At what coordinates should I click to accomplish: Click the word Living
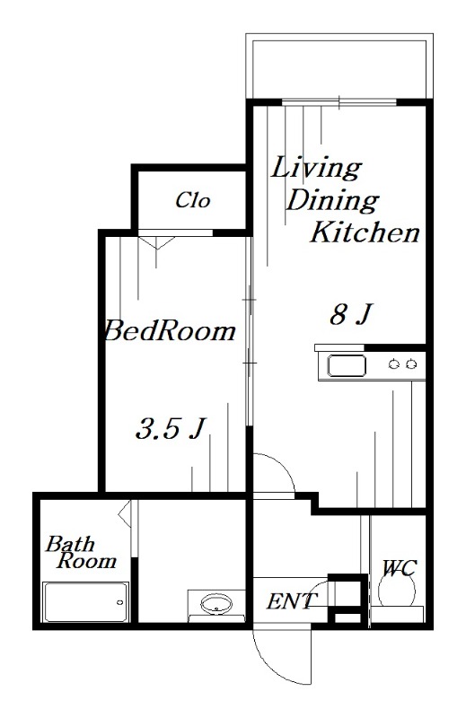coord(316,168)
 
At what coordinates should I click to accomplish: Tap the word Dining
coord(331,200)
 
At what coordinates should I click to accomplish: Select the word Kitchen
coord(365,234)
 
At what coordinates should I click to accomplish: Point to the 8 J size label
coord(350,315)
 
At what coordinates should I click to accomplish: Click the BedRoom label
coord(170,331)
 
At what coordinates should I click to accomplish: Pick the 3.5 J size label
coord(168,429)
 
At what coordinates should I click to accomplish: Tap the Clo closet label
coord(192,200)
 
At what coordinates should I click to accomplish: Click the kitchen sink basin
coord(346,365)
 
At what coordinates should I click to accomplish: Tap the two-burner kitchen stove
coord(401,363)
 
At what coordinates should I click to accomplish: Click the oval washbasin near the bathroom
coord(215,603)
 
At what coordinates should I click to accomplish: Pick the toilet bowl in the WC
coord(396,591)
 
